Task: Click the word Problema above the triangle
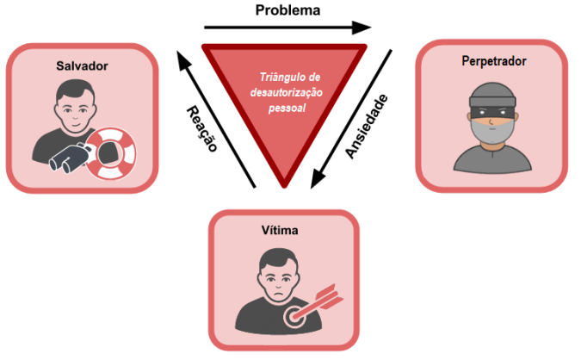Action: tap(287, 11)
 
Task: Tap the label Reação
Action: tap(200, 128)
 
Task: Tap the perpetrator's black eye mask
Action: tap(491, 111)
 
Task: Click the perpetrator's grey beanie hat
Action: tap(491, 95)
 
